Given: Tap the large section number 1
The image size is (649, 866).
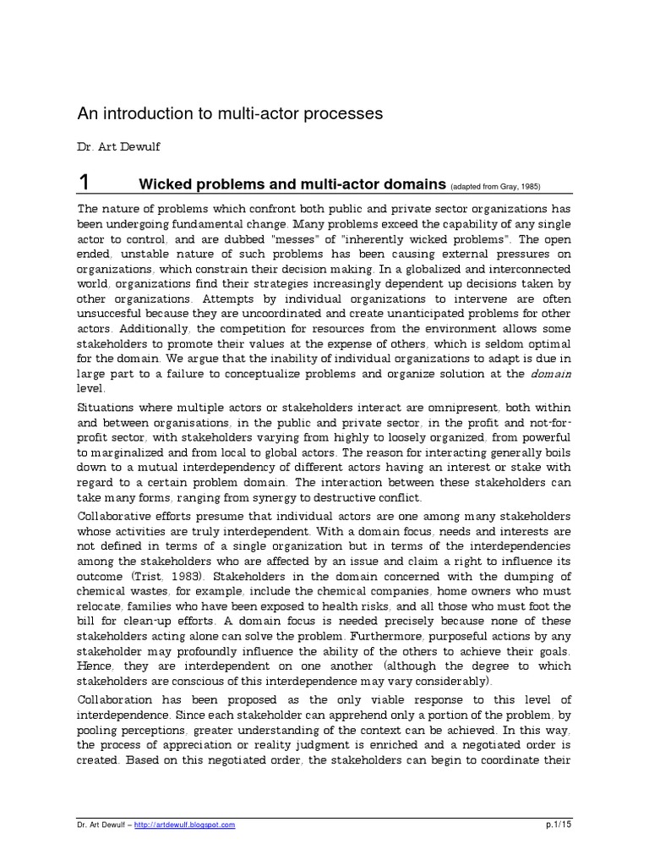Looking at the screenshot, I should point(83,182).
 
